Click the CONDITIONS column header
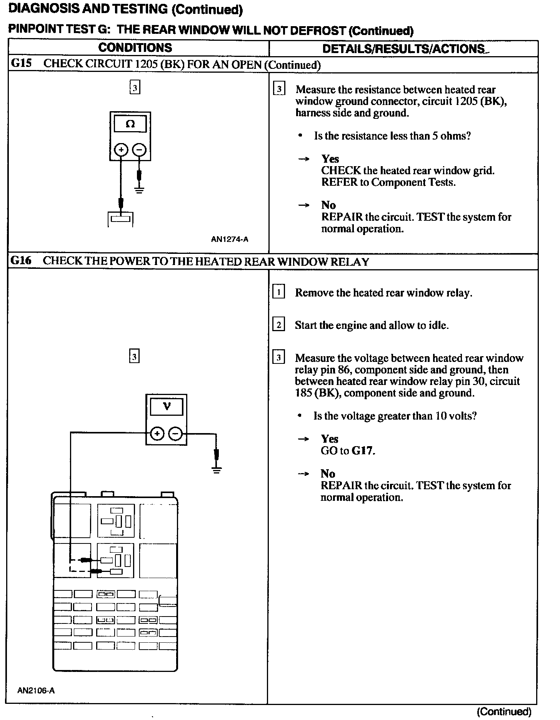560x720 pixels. (x=135, y=48)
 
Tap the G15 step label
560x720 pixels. (x=21, y=63)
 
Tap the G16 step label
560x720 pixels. (x=21, y=261)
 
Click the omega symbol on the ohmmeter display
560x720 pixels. (x=130, y=124)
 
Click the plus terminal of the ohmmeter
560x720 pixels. (x=121, y=150)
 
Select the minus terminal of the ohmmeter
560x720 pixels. (x=139, y=150)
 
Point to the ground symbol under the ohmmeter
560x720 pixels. (x=139, y=189)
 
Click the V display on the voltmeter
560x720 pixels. (x=167, y=406)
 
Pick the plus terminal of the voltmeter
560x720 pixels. (x=157, y=434)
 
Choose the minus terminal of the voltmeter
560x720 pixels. (x=176, y=434)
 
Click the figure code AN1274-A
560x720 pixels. (x=230, y=239)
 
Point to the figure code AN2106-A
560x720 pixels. (x=36, y=690)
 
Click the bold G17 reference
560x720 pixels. (x=362, y=450)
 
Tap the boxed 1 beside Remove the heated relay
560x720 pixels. (x=278, y=292)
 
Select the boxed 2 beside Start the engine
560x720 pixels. (x=278, y=325)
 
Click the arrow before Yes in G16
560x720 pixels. (x=303, y=439)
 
